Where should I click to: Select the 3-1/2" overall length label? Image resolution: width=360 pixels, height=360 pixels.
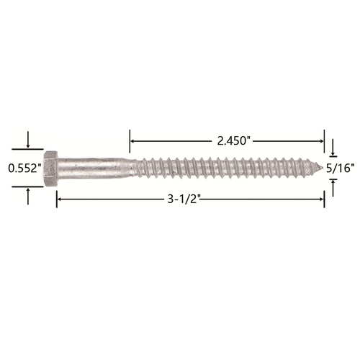[184, 199]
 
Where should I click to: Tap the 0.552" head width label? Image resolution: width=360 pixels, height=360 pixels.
[24, 168]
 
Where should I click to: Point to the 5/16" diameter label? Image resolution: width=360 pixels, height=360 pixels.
[341, 168]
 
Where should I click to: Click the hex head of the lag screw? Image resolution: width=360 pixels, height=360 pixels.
[50, 168]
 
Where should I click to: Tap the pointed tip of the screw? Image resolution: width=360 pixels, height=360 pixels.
[320, 166]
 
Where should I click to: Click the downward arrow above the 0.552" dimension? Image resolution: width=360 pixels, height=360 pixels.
[28, 140]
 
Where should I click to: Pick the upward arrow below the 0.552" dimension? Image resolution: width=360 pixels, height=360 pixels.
[28, 197]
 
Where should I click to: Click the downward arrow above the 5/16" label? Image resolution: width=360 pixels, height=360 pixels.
[333, 147]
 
